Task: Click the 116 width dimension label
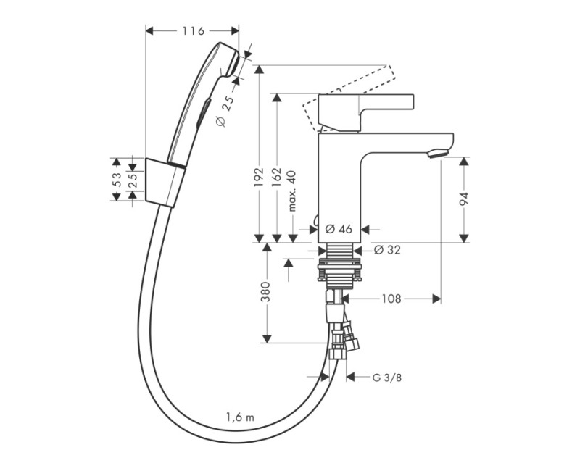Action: (193, 31)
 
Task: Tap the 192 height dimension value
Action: (258, 177)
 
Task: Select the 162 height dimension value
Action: (276, 177)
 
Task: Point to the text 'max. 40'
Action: (292, 191)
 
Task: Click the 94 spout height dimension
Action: (464, 199)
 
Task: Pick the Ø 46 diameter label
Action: (339, 229)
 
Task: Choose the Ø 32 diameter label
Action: (387, 250)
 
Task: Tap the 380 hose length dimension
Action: (265, 292)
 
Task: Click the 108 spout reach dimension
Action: (391, 299)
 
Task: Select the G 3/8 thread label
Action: (387, 378)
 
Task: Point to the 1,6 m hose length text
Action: (241, 417)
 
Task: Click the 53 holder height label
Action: (116, 180)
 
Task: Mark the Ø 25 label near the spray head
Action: (225, 112)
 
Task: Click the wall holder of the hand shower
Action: (165, 183)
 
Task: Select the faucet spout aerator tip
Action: (438, 154)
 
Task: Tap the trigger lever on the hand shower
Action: (204, 113)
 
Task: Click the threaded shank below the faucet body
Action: (339, 264)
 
